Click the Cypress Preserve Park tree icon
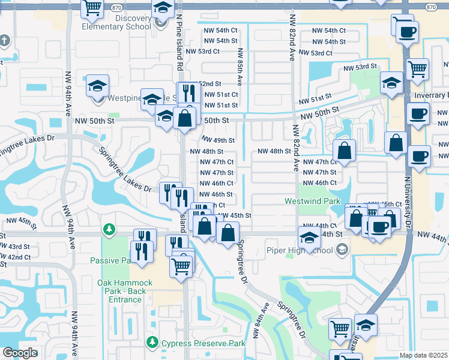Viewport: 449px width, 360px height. pos(152,343)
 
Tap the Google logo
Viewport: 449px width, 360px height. pos(20,353)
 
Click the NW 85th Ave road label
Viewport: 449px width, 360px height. pos(239,67)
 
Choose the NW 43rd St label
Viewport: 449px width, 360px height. pos(15,247)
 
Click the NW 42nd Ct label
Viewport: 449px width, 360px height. pos(15,257)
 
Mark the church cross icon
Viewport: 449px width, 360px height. pos(5,41)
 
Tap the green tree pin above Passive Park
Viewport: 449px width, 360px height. pos(109,229)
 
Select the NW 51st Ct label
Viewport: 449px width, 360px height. pos(219,95)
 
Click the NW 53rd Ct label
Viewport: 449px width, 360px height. pos(203,52)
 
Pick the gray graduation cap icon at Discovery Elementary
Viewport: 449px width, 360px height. pos(160,23)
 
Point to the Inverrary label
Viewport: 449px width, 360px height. pos(431,95)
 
